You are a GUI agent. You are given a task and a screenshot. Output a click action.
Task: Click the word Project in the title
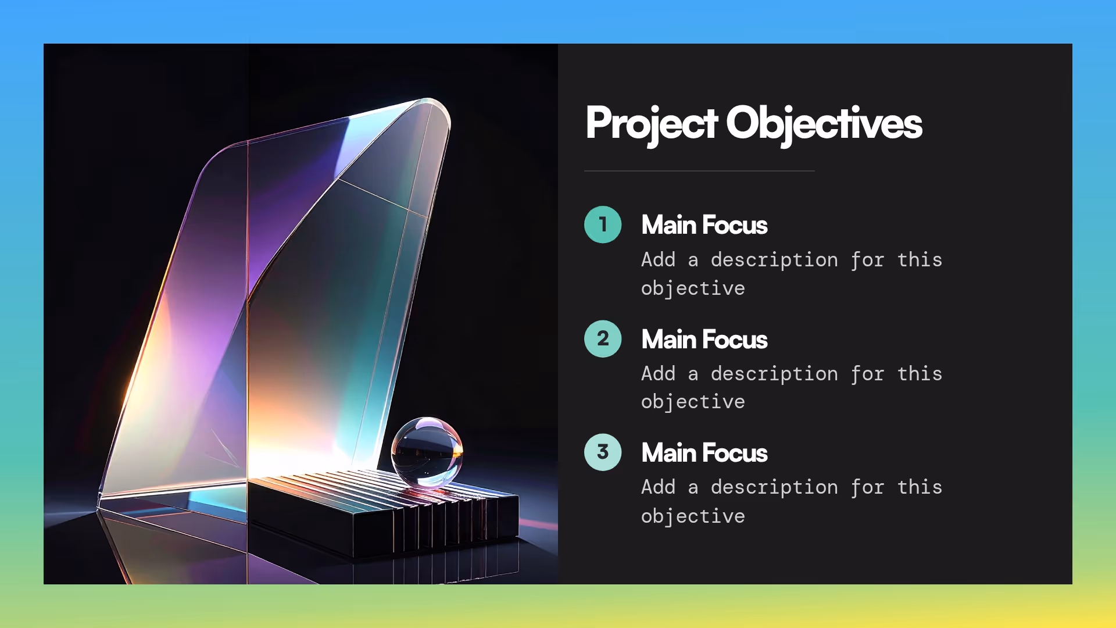(651, 123)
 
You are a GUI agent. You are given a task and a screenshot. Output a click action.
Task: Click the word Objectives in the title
(824, 123)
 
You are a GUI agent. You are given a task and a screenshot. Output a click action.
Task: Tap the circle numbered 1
(603, 224)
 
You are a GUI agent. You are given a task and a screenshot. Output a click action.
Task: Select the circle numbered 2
(603, 339)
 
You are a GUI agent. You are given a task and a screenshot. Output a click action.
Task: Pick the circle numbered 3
(603, 452)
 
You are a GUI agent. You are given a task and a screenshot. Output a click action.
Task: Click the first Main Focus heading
(704, 225)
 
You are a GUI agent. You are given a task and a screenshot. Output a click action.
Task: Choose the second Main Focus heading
(704, 340)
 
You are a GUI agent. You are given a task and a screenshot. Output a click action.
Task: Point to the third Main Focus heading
(704, 453)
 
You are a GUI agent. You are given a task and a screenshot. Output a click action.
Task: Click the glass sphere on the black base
(427, 452)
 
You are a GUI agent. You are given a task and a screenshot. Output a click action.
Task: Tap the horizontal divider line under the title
(699, 171)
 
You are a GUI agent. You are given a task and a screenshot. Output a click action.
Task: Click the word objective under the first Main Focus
(693, 288)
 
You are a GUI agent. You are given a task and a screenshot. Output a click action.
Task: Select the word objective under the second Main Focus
(693, 402)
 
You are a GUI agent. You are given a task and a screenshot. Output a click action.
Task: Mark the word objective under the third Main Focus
(693, 516)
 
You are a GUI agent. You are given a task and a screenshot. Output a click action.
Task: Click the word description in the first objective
(774, 260)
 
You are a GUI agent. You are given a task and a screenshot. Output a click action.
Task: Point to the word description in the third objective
(774, 487)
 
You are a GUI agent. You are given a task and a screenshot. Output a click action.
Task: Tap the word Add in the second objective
(658, 373)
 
